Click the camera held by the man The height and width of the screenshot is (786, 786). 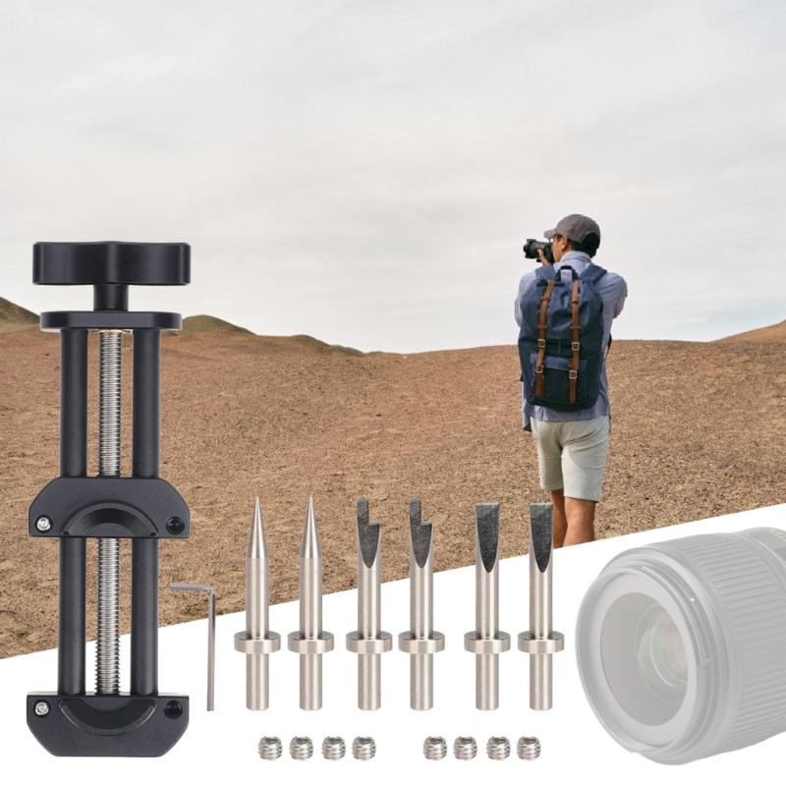[537, 249]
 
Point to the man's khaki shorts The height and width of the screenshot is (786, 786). [569, 457]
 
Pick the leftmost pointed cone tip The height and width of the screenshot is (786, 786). [257, 599]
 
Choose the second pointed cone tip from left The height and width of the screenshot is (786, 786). [310, 599]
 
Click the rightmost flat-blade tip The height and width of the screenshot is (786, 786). [540, 599]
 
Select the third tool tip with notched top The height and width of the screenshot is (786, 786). [368, 599]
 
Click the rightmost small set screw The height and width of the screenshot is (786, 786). [529, 749]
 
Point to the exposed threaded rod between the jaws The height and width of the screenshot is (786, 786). [108, 609]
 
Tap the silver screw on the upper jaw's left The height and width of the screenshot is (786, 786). [43, 525]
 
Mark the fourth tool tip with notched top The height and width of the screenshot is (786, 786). [421, 599]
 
